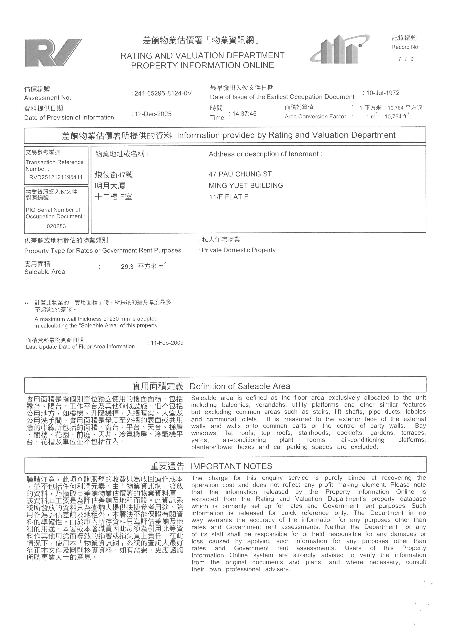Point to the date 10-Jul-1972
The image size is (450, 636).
tap(383, 93)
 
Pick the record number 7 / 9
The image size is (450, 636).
tap(406, 59)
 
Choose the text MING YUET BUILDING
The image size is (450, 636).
tap(246, 185)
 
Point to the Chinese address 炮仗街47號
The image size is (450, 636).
tap(114, 175)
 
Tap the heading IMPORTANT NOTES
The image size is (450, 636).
tap(231, 466)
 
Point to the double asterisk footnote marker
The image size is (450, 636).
tap(27, 304)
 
